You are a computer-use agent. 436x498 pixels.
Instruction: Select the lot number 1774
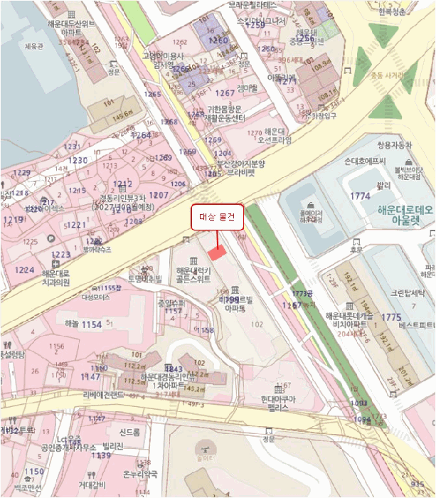tap(361, 195)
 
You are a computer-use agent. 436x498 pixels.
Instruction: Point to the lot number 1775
tap(391, 317)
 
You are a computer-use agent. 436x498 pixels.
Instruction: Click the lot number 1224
tap(25, 270)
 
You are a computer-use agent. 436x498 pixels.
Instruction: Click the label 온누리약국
tap(139, 474)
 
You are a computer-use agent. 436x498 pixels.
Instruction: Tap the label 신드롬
tap(129, 433)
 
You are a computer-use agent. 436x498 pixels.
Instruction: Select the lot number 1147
tap(90, 376)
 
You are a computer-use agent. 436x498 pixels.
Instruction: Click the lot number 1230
tap(78, 160)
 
